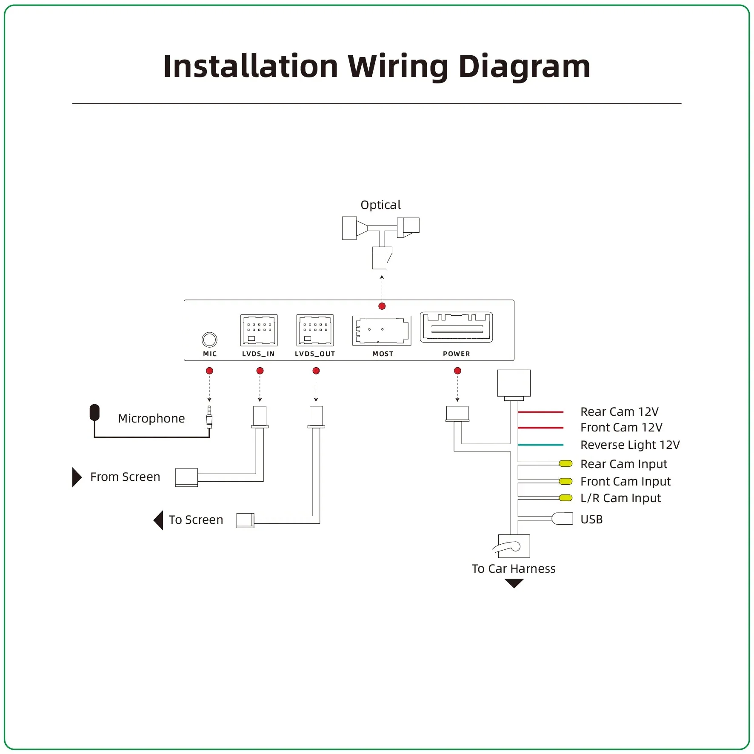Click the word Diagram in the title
click(524, 67)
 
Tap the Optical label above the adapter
click(380, 205)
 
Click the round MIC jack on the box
click(209, 340)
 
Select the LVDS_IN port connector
click(259, 330)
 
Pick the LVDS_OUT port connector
click(315, 330)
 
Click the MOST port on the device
click(382, 330)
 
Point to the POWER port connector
click(456, 327)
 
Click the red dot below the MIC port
click(209, 371)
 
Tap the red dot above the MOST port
click(382, 306)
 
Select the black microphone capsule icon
click(94, 412)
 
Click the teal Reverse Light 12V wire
click(541, 445)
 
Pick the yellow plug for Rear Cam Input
click(565, 464)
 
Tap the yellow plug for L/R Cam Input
click(565, 498)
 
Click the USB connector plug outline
click(563, 519)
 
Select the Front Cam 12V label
click(621, 428)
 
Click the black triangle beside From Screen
click(77, 477)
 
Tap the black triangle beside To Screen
click(159, 520)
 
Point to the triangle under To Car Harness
click(514, 583)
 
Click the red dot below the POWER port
click(457, 371)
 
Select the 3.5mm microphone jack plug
click(209, 417)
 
